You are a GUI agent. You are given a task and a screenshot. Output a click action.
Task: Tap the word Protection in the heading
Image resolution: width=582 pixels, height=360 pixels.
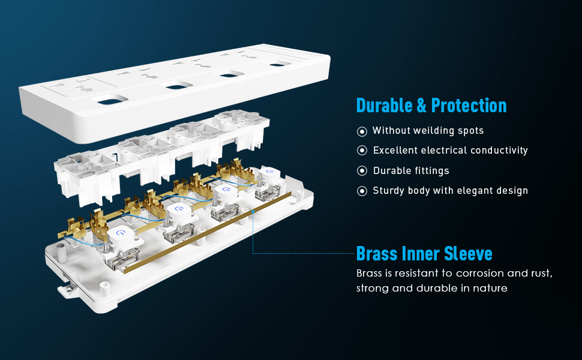[x=469, y=106]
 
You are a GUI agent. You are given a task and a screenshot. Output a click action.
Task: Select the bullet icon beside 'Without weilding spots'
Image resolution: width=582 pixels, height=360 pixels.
[x=362, y=131]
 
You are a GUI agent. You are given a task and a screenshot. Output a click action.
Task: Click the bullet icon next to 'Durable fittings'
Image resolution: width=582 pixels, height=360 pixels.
[x=362, y=171]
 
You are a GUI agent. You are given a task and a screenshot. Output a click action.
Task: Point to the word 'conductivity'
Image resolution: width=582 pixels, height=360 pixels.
[x=498, y=151]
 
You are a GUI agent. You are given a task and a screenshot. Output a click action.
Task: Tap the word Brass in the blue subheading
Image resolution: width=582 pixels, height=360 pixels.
[x=376, y=253]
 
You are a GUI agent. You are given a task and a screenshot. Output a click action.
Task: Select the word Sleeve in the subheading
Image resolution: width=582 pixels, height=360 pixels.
[x=469, y=253]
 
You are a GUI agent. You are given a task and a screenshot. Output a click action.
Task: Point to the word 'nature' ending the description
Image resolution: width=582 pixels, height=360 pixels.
[x=488, y=289]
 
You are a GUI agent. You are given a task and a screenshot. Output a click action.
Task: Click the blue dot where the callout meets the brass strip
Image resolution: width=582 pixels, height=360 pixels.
[x=254, y=211]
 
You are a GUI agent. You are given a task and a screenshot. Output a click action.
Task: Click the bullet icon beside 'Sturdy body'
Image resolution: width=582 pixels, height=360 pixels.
[x=362, y=191]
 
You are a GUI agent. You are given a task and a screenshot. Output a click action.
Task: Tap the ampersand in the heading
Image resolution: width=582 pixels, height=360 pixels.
[x=423, y=106]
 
